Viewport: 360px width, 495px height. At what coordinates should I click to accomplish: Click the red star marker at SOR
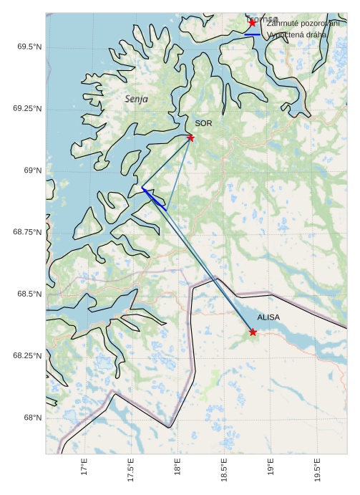click(190, 138)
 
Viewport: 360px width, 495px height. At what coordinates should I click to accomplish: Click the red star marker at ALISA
click(253, 332)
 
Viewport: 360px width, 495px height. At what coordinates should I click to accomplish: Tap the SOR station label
click(203, 123)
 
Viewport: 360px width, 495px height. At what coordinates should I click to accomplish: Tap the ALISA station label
click(268, 317)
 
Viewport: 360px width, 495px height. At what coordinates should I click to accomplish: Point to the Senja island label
click(136, 99)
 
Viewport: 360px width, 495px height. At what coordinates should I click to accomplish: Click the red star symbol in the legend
click(252, 23)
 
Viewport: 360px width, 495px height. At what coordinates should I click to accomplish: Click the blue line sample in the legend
click(252, 34)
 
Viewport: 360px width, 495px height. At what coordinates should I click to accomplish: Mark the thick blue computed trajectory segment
click(154, 198)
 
